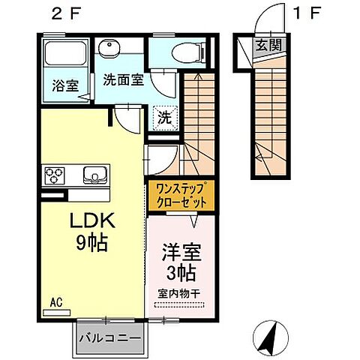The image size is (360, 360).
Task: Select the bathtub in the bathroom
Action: [x=66, y=55]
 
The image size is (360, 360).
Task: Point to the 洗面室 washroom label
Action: [x=123, y=80]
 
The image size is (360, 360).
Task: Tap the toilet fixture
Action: [x=179, y=52]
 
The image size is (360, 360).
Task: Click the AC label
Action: [x=55, y=303]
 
